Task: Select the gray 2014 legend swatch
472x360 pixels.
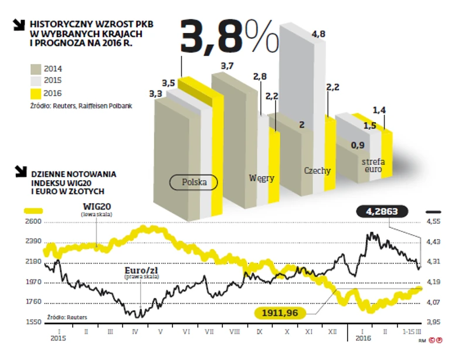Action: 36,68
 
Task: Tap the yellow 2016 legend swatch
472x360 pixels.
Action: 36,93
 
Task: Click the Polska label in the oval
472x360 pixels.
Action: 194,182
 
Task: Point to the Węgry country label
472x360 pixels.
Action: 262,178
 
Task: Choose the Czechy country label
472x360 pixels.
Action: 317,171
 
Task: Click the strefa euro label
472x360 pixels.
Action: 372,165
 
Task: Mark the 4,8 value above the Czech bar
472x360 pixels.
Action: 319,35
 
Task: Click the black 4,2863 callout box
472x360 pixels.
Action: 385,211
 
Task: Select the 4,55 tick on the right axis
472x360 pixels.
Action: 433,222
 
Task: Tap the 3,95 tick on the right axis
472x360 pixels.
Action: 433,322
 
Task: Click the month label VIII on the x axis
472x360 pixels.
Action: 234,332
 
